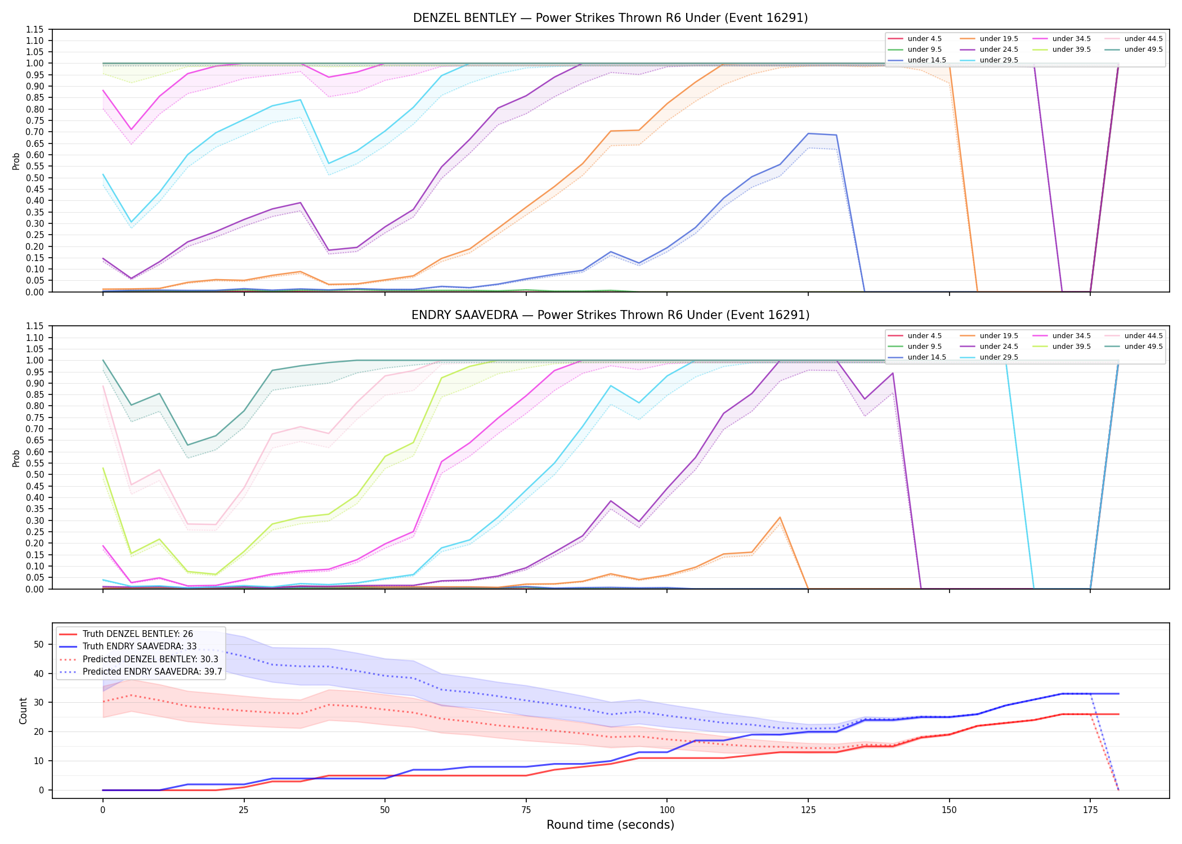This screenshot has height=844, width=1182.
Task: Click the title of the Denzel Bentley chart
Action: (x=610, y=18)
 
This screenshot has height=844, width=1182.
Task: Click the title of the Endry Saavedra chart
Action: (x=610, y=315)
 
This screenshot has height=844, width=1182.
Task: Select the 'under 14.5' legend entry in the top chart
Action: (x=917, y=60)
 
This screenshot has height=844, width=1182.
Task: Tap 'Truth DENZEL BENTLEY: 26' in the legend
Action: (x=126, y=634)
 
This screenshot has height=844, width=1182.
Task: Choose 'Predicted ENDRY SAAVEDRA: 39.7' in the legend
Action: (x=141, y=672)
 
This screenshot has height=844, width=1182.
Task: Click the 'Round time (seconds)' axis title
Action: (x=610, y=825)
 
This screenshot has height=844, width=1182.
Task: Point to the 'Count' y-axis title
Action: (x=23, y=711)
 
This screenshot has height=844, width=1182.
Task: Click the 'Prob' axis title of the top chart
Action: (x=16, y=161)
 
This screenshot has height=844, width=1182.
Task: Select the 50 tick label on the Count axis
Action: (x=39, y=644)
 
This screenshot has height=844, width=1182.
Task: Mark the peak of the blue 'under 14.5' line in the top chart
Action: (x=808, y=133)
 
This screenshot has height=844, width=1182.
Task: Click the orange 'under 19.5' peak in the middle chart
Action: (x=780, y=517)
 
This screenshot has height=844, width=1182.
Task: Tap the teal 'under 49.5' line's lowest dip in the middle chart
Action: (x=187, y=445)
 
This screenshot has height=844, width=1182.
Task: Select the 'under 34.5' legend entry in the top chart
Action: (x=1062, y=39)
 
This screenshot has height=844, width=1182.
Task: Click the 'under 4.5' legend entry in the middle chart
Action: (x=915, y=336)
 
